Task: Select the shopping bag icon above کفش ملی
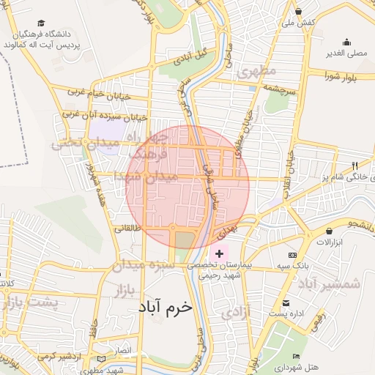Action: tap(299, 12)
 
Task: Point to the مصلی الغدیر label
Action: tap(346, 53)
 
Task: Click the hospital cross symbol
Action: tap(219, 252)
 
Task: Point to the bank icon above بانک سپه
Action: tap(293, 254)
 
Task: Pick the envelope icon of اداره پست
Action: tap(285, 302)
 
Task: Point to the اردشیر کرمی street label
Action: tap(56, 356)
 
